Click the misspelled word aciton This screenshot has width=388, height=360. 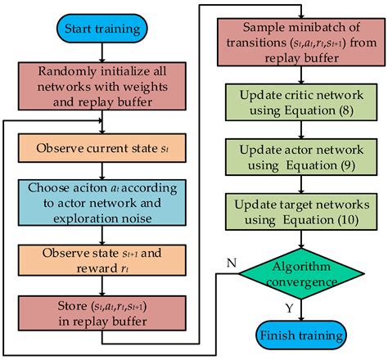[x=88, y=188]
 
